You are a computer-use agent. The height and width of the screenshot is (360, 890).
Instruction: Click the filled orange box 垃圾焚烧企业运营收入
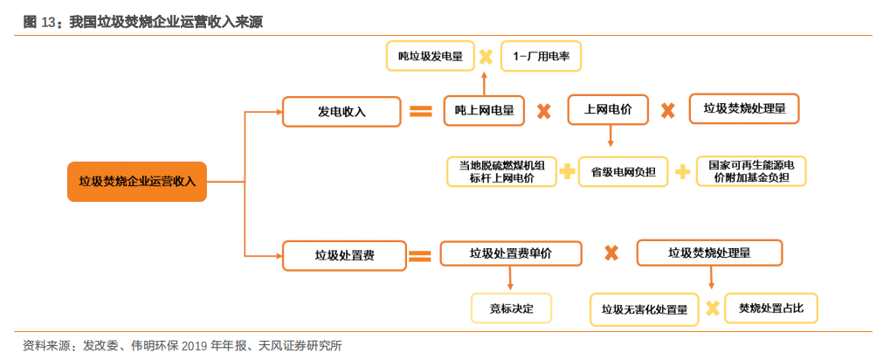coord(136,182)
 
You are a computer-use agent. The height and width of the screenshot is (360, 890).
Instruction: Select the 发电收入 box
coord(341,111)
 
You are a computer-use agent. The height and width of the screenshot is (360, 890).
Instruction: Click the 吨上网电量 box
coord(484,110)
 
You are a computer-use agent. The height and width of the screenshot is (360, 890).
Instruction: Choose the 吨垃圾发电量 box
coord(431,56)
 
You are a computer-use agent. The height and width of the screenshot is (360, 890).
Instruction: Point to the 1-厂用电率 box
coord(541,56)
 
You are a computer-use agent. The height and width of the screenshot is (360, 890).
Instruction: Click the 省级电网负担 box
coord(624,172)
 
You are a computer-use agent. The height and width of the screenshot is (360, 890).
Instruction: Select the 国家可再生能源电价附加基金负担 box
coord(750,171)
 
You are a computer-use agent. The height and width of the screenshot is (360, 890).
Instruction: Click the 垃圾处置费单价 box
coord(511,253)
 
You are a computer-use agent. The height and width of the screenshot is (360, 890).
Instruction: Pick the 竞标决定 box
coord(507,307)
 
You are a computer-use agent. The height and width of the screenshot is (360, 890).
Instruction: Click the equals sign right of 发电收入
coord(421,111)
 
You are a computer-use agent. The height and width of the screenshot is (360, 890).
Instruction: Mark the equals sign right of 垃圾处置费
coord(421,256)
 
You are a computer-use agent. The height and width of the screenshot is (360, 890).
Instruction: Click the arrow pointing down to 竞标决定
coord(510,279)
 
